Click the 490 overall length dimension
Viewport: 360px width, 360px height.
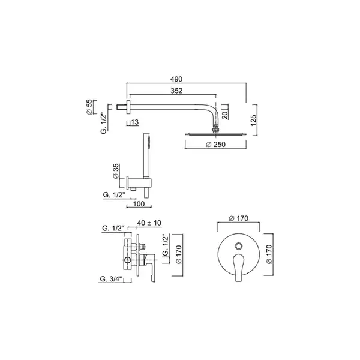tap(176, 79)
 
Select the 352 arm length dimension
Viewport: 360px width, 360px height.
tap(176, 91)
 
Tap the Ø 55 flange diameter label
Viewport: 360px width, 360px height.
tap(89, 107)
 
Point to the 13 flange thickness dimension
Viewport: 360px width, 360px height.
tap(135, 122)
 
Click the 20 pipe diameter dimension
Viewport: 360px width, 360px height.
tap(225, 115)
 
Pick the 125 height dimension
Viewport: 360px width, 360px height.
tap(253, 121)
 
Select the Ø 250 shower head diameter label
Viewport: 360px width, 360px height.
tap(216, 145)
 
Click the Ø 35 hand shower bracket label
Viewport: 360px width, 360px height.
tap(116, 171)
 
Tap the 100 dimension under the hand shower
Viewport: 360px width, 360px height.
tap(139, 203)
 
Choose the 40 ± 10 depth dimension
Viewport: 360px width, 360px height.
tap(149, 223)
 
